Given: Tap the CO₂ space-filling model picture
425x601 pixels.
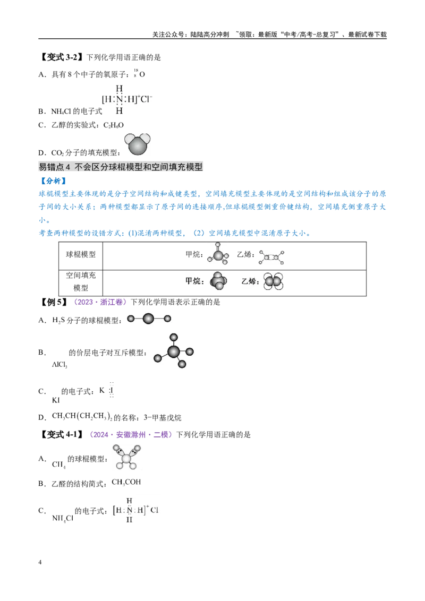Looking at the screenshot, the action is pos(137,144).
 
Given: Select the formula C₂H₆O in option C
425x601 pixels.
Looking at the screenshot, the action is pos(114,125).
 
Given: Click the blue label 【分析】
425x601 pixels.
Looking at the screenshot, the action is pos(53,181).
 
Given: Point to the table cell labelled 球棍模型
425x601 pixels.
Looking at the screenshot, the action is pos(81,254).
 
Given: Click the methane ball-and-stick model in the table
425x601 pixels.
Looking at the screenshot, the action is pos(218,254).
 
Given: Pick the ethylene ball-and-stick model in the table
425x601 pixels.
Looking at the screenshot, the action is pos(271,257).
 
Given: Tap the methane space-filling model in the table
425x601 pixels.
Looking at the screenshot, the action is pos(218,281).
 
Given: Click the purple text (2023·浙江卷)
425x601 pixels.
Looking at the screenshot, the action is pos(99,302).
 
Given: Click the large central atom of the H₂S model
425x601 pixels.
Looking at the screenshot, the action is pos(148,319).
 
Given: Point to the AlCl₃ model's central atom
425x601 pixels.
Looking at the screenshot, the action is pos(173,351).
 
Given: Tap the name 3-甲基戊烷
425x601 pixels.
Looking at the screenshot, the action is pos(163,417).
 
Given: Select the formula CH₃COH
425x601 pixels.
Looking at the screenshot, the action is pos(126,482).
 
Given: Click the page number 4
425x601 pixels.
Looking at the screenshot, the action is pos(40,562).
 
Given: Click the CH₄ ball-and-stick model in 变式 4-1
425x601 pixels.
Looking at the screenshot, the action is pos(126,457).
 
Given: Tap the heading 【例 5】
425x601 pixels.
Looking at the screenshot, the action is pos(54,302).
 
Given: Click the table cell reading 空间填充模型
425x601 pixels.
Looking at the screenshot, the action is pos(81,281).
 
